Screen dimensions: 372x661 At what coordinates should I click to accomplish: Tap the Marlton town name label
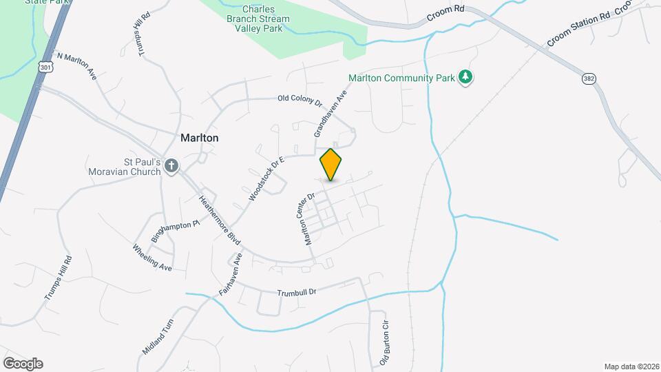coord(200,138)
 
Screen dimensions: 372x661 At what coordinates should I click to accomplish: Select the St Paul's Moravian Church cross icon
coord(172,166)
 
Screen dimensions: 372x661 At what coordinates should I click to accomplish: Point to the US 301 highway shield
coord(46,67)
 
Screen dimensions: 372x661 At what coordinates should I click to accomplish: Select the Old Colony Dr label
coord(300,101)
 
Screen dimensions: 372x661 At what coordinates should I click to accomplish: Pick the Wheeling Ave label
coord(151,257)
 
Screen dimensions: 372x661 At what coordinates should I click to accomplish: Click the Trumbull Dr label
coord(296,292)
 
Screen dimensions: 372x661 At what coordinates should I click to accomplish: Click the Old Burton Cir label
coord(386,342)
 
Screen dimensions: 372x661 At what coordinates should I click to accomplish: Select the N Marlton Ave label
coord(76,66)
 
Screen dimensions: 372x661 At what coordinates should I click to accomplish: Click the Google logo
coord(23,363)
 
